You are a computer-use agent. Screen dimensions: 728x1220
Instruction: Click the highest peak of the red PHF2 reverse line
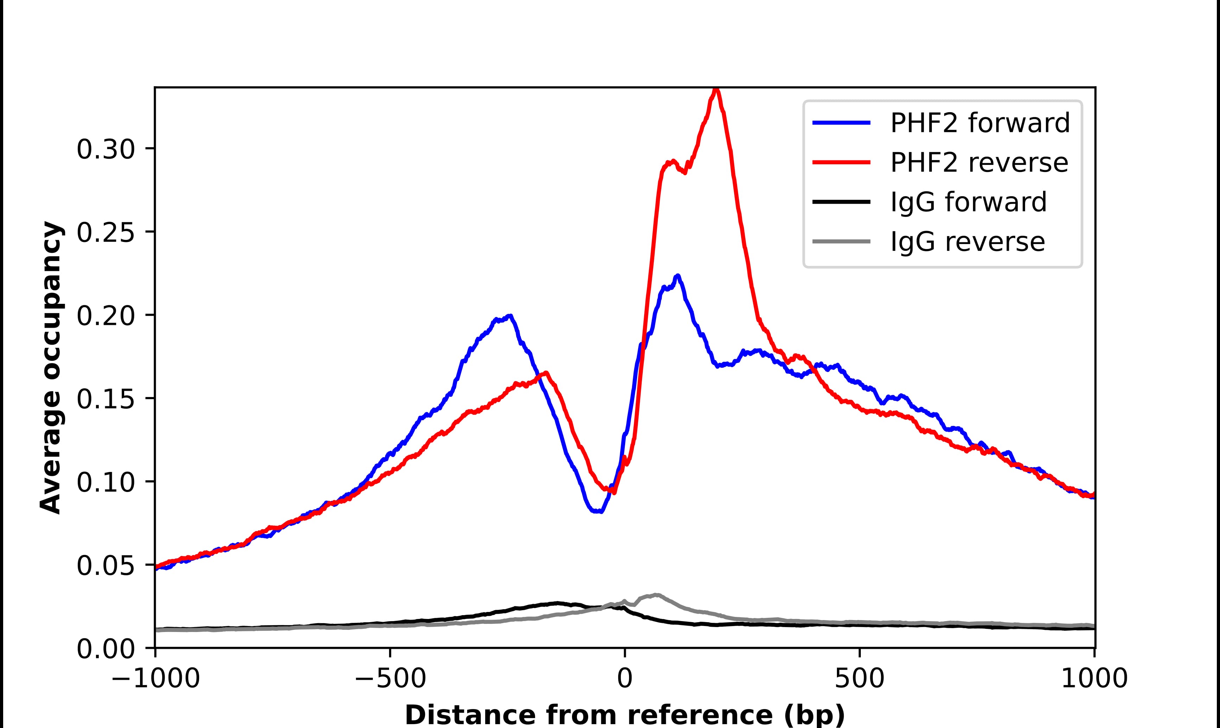pyautogui.click(x=716, y=89)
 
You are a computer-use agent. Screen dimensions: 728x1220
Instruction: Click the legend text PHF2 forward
pyautogui.click(x=980, y=123)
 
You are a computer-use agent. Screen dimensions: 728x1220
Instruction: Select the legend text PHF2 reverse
pyautogui.click(x=979, y=163)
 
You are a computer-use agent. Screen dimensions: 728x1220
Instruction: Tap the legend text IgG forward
pyautogui.click(x=968, y=202)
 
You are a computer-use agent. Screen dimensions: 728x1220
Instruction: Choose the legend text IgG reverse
pyautogui.click(x=967, y=242)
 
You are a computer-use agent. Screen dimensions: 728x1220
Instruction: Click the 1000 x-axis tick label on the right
pyautogui.click(x=1094, y=679)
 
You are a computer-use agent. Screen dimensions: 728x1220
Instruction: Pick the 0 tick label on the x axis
pyautogui.click(x=624, y=679)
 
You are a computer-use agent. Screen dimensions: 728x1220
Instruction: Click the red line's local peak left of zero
pyautogui.click(x=546, y=373)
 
